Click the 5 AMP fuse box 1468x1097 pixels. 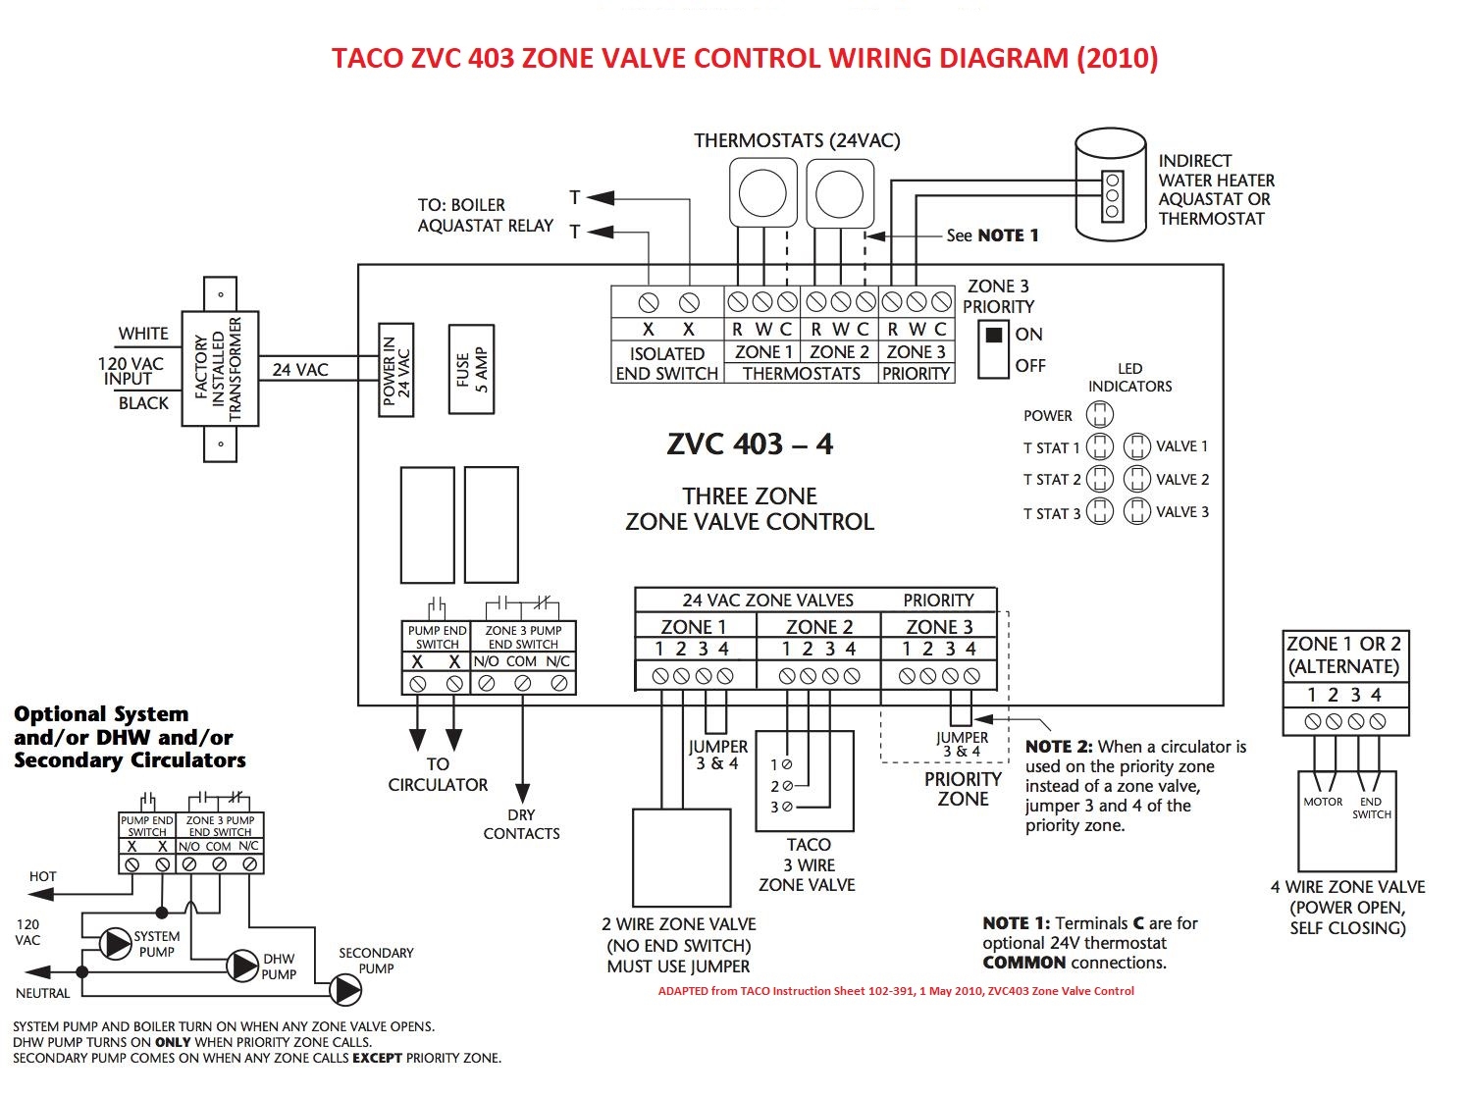pos(471,369)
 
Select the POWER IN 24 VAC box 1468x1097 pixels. pos(396,370)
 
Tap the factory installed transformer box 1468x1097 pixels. pos(220,369)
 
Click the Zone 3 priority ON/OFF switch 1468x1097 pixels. pos(993,349)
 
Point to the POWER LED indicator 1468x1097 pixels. pos(1100,414)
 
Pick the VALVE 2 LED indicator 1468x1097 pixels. pos(1136,479)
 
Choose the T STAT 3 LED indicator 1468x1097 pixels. pos(1100,512)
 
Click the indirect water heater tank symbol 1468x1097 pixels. pos(1111,186)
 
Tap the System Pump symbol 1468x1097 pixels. pos(116,944)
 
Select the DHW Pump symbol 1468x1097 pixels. pos(242,966)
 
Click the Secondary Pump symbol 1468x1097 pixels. pos(344,989)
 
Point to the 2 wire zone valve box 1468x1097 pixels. pos(681,858)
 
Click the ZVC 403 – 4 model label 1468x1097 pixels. pos(750,444)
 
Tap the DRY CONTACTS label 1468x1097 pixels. pos(521,824)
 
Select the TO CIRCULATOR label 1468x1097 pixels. pos(438,774)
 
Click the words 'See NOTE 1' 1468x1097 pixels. pos(991,235)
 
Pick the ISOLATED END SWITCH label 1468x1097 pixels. pos(666,363)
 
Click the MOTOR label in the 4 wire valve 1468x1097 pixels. pos(1323,802)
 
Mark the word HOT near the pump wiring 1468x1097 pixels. pos(42,876)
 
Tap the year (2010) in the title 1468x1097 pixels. pos(1117,58)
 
